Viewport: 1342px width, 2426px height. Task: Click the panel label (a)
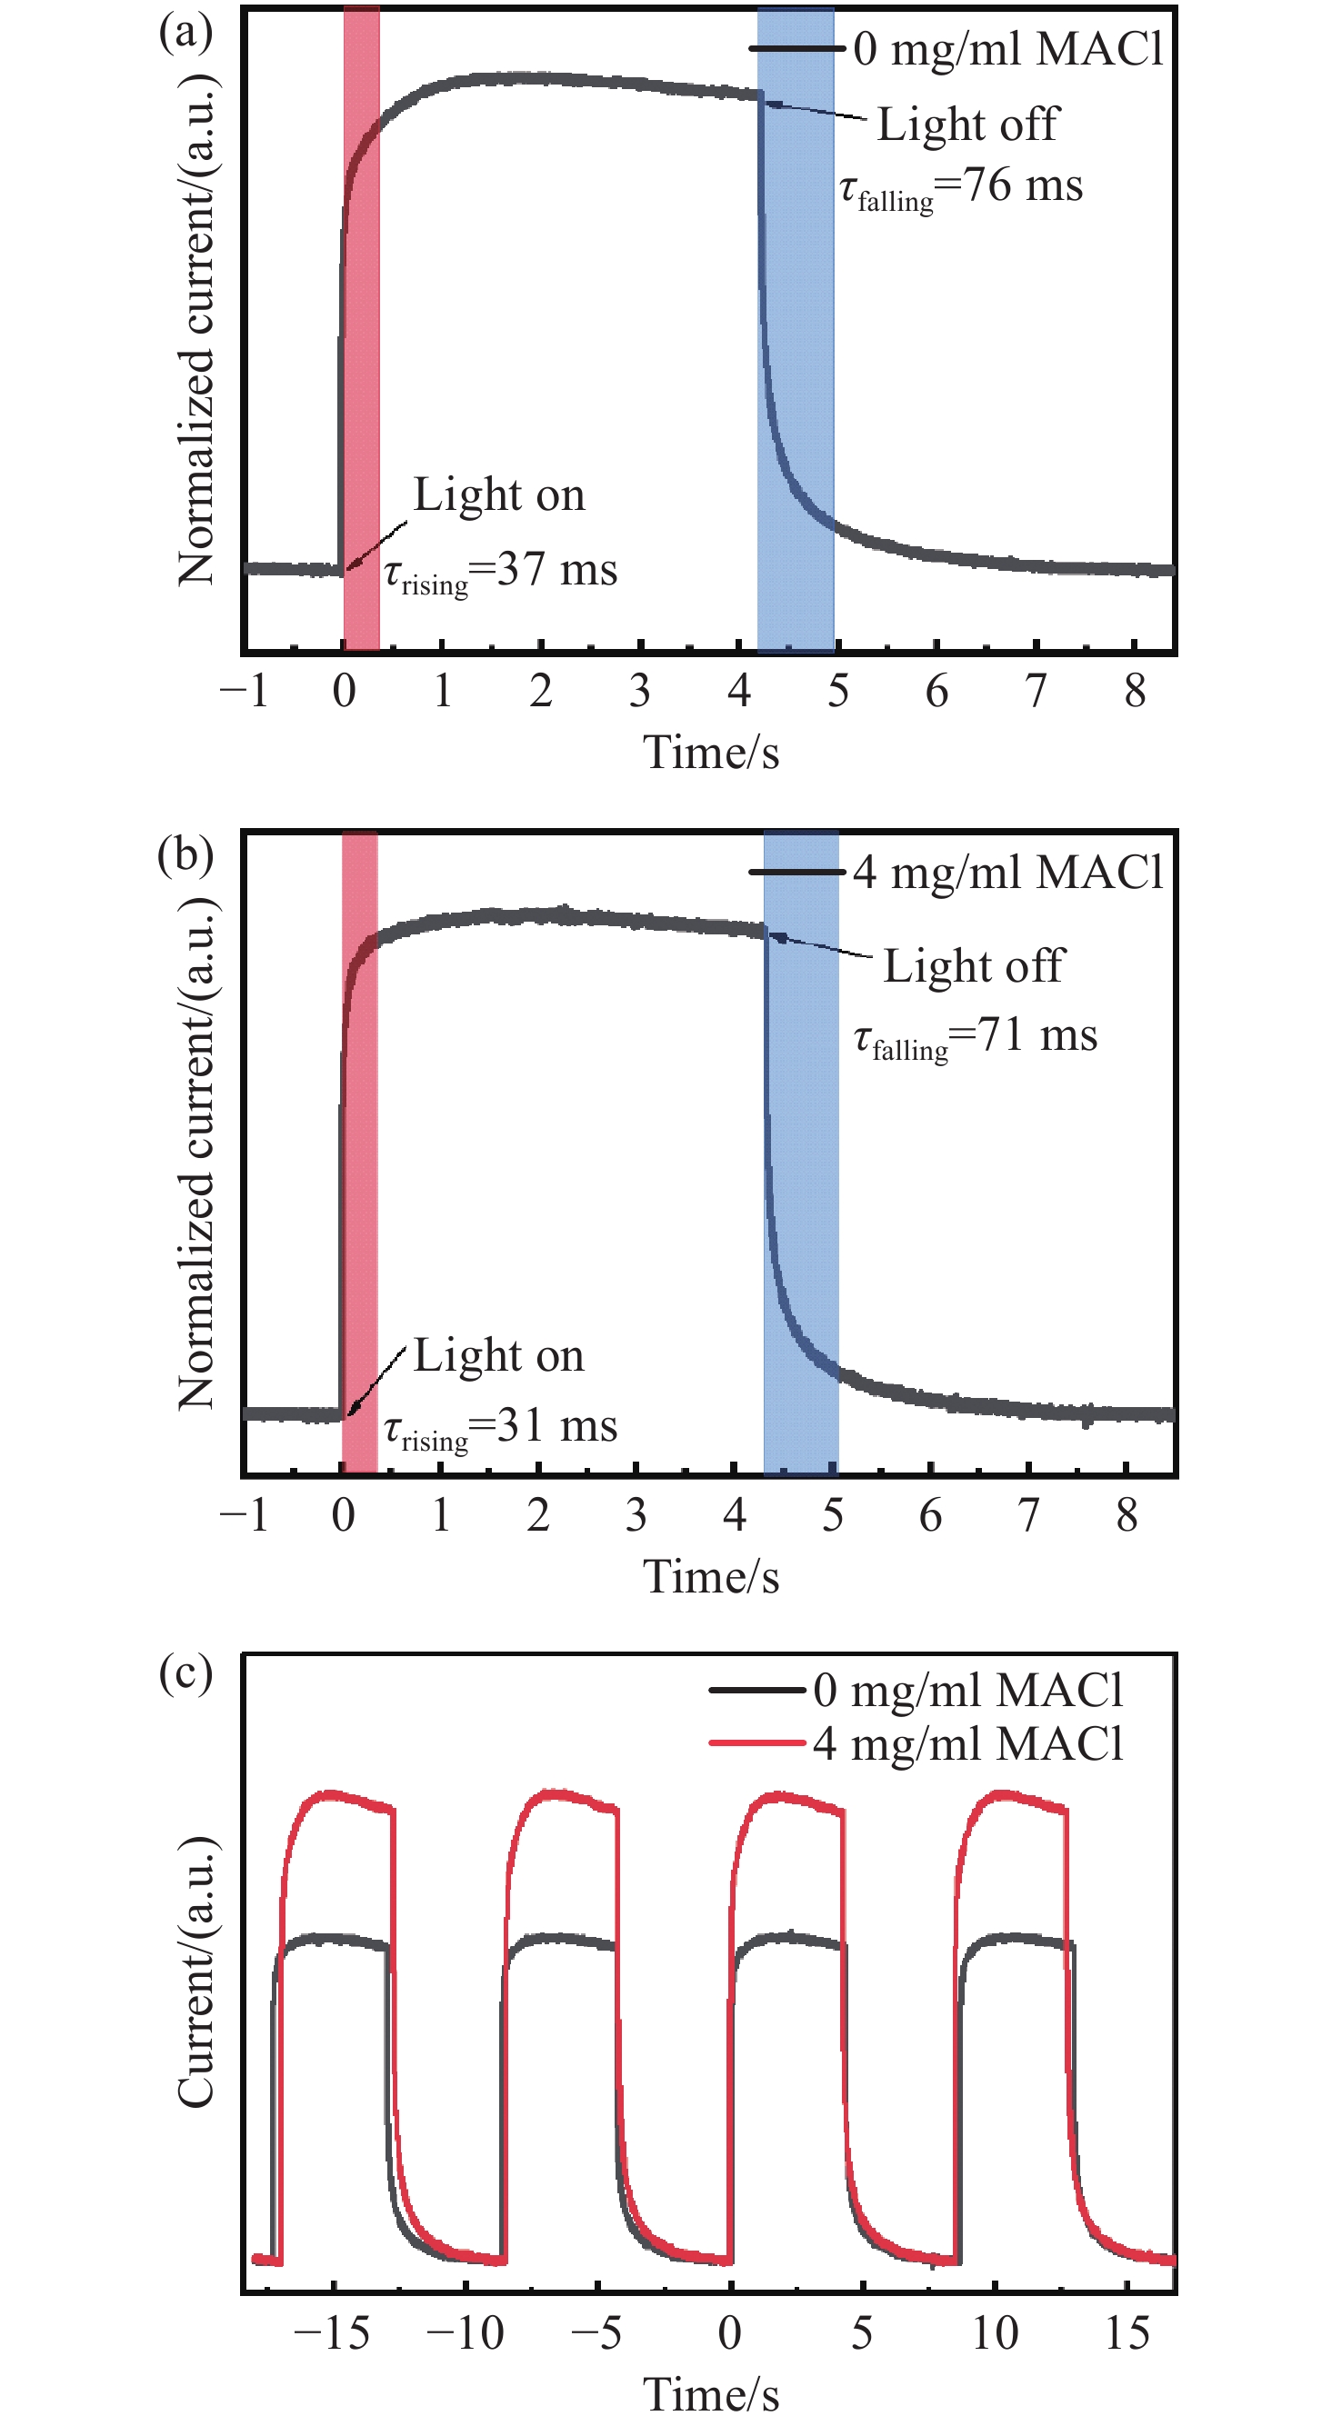tap(185, 33)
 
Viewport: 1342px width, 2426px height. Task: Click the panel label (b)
tap(185, 855)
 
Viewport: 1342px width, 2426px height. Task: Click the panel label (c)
tap(185, 1674)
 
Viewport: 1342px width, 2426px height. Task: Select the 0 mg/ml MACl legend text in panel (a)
tap(1007, 49)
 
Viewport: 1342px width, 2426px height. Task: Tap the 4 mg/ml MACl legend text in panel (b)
tap(1007, 872)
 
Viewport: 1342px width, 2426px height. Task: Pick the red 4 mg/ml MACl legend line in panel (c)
tap(756, 1743)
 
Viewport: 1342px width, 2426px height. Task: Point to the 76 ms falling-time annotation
tap(961, 185)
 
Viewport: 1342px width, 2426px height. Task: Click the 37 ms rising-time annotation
tap(501, 571)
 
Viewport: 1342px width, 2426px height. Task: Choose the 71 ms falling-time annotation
tap(976, 1036)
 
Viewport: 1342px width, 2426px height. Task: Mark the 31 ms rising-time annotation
tap(501, 1426)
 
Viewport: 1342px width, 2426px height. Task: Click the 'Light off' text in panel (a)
tap(967, 125)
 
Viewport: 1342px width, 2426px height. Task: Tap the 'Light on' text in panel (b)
tap(499, 1356)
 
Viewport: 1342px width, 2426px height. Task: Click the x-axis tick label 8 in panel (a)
tap(1135, 691)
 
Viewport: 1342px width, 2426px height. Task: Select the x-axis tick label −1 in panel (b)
tap(244, 1514)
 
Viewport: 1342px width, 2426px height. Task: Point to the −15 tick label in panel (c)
tap(331, 2332)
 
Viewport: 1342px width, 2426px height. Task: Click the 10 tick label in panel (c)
tap(995, 2332)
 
